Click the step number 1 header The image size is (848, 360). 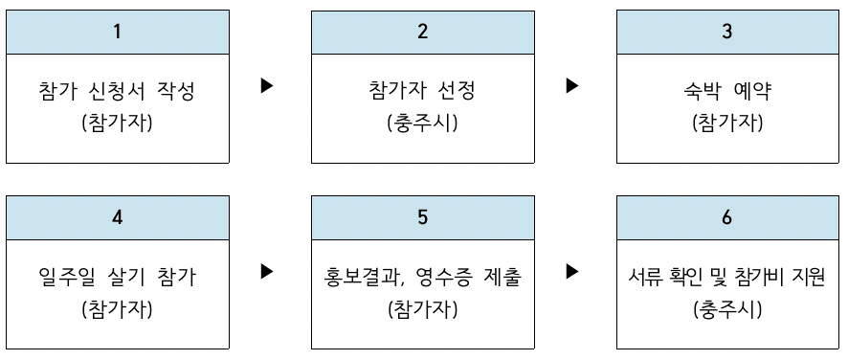tap(118, 32)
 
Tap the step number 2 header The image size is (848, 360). tap(423, 32)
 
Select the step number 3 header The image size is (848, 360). tap(727, 32)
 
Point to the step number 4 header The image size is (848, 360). tap(118, 217)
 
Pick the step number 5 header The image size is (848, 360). tap(423, 217)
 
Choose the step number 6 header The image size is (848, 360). tap(727, 217)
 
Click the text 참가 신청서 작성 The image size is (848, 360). tap(118, 93)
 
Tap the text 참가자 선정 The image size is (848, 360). tap(422, 93)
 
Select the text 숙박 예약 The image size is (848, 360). tap(727, 93)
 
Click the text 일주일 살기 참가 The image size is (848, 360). tap(118, 279)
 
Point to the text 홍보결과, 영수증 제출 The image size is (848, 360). tap(422, 279)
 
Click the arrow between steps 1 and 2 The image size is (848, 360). tap(267, 86)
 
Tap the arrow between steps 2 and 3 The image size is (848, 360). tap(572, 86)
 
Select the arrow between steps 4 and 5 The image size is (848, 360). tap(267, 272)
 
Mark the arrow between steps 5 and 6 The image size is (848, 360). tap(572, 272)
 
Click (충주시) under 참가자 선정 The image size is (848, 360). tap(422, 124)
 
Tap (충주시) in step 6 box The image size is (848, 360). tap(727, 309)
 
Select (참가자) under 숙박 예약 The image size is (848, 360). tap(727, 124)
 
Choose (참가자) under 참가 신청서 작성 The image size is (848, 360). tap(118, 124)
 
